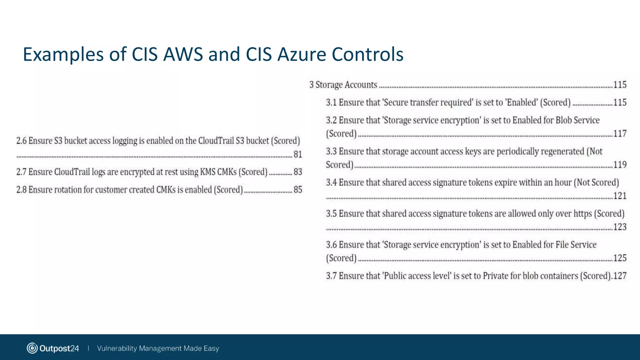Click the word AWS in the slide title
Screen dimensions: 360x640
(x=183, y=54)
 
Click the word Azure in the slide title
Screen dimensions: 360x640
(x=302, y=54)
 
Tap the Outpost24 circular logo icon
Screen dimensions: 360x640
(x=32, y=348)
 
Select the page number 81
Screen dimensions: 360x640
(x=298, y=154)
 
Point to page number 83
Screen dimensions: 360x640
(x=298, y=172)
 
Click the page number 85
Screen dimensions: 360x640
(x=298, y=190)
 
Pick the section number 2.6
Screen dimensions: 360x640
(x=21, y=141)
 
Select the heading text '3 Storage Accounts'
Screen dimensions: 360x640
(x=343, y=85)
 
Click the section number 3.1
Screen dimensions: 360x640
(x=331, y=102)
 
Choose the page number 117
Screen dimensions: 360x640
(x=620, y=134)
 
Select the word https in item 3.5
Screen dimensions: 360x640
(x=582, y=214)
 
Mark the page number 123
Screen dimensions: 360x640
(x=620, y=227)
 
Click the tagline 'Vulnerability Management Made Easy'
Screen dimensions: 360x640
(x=158, y=348)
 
